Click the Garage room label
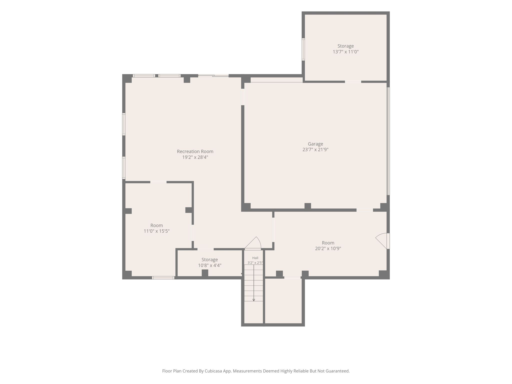[315, 144]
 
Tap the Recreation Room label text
[195, 151]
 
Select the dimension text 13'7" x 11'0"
[345, 52]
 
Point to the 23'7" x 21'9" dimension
[315, 150]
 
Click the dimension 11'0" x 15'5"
[156, 231]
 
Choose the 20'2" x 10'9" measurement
[328, 248]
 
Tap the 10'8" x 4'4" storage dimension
[210, 265]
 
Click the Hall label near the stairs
[255, 258]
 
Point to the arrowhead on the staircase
[254, 300]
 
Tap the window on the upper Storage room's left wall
[303, 49]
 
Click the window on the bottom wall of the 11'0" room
[163, 277]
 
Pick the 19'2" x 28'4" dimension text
[195, 157]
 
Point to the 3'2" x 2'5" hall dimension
[255, 263]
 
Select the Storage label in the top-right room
[345, 46]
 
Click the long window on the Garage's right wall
[388, 141]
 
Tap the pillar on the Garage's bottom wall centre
[308, 206]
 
